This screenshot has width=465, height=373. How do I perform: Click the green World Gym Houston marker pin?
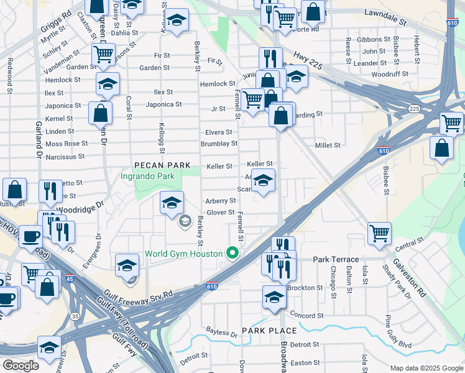coord(233,252)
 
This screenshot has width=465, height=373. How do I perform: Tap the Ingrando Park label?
coord(148,177)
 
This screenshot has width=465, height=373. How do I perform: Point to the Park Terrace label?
coord(336,259)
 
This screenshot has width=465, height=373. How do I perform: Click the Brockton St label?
coord(305,288)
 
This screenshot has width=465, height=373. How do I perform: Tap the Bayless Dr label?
coord(222,334)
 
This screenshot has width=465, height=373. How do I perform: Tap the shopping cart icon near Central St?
coord(379,233)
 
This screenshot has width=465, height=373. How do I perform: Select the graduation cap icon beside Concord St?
coord(274,297)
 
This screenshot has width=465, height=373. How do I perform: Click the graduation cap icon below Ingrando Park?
coord(172,203)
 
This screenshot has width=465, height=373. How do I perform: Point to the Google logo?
coord(20,366)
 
